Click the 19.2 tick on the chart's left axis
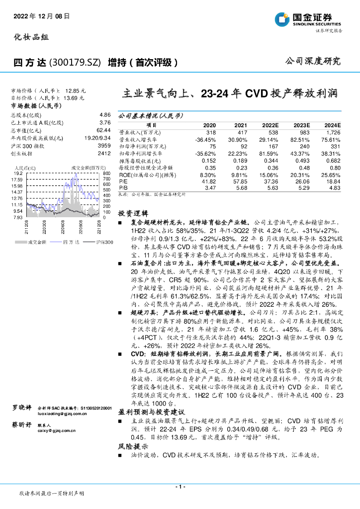click(17, 173)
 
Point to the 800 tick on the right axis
click(106, 173)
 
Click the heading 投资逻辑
click(130, 213)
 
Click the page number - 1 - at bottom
click(180, 486)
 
